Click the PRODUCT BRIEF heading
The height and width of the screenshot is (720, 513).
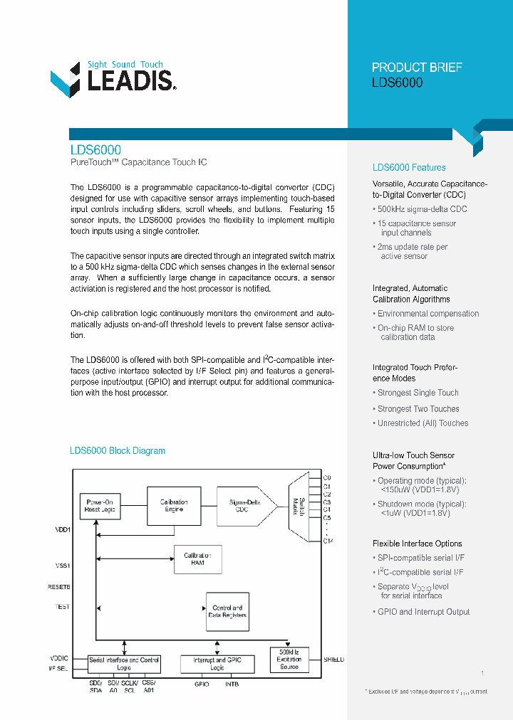tap(417, 68)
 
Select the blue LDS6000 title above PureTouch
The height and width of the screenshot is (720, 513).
tap(95, 150)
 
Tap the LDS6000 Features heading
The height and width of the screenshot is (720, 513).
tap(409, 168)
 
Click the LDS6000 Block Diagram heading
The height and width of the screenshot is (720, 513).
tap(118, 451)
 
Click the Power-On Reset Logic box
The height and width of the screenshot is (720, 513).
tap(100, 506)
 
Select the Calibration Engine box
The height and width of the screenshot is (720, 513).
tap(174, 506)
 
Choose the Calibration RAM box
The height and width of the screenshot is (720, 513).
tap(197, 559)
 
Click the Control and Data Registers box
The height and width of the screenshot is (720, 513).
tap(227, 612)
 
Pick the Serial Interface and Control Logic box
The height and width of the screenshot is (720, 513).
tap(124, 664)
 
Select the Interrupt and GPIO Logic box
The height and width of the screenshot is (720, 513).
tap(217, 664)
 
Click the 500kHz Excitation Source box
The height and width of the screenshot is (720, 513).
tap(289, 660)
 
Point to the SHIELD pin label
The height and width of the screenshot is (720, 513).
tap(333, 660)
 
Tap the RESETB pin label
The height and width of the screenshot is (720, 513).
tap(59, 587)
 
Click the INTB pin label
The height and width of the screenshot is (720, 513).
tap(232, 684)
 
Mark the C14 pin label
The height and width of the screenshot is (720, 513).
tap(328, 541)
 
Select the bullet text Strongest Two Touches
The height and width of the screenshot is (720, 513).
tap(418, 409)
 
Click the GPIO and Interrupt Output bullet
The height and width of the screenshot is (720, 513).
tap(423, 612)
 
